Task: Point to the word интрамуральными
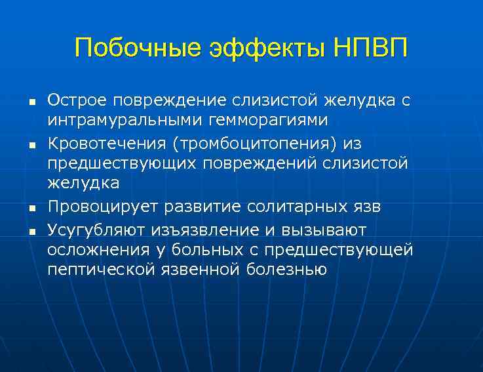119,120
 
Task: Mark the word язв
366,207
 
